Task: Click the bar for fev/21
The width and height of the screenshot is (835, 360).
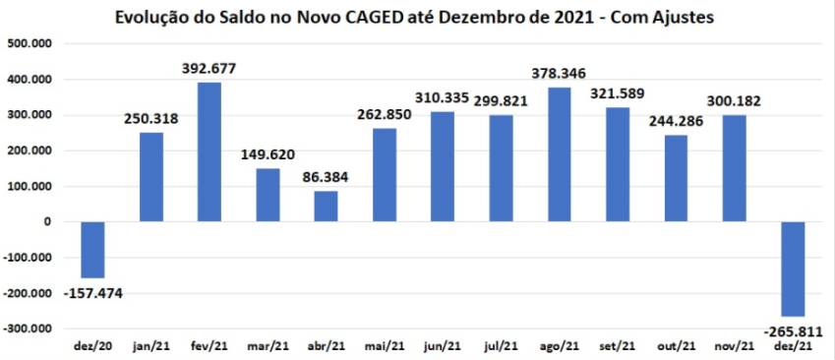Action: click(x=209, y=151)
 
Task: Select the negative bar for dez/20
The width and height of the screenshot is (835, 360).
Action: click(x=92, y=250)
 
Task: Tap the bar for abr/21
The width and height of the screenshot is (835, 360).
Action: click(x=327, y=206)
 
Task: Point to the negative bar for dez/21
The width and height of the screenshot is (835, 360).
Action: click(x=793, y=269)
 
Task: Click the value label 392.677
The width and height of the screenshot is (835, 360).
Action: click(x=209, y=69)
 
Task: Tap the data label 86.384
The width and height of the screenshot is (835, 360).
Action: click(x=327, y=177)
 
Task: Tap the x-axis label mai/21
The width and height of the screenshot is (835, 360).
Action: click(x=385, y=346)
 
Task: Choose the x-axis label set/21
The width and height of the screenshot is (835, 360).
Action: click(x=618, y=346)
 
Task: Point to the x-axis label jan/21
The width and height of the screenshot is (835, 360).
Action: click(x=151, y=346)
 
